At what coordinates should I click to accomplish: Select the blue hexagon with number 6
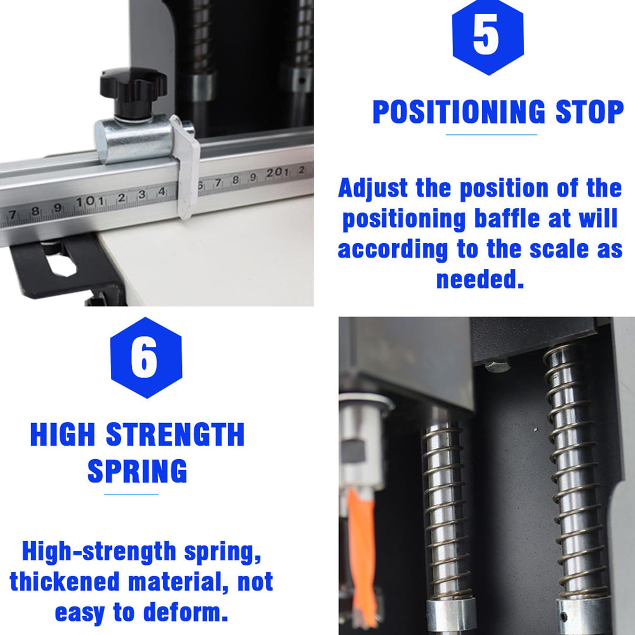pos(146,358)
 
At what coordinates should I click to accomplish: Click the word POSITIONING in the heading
pos(459,112)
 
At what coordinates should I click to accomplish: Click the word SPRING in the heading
pos(137,471)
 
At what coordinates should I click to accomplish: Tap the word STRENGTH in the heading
pos(175,435)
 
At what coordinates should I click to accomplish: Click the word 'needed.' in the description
pos(480,279)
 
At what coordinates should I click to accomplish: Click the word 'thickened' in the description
pos(64,582)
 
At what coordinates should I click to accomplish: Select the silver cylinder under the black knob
pos(133,139)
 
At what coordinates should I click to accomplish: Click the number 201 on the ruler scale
pos(277,173)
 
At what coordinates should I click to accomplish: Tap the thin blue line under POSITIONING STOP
pos(491,135)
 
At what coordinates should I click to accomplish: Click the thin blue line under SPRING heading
pos(131,494)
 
